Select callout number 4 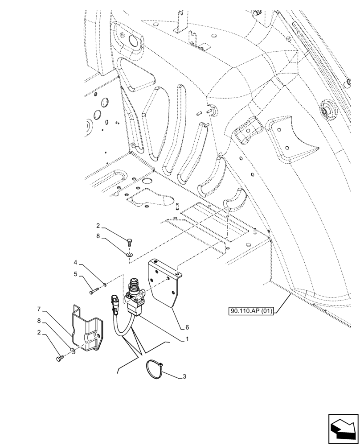(76, 263)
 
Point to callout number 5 (76, 274)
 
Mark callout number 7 (39, 309)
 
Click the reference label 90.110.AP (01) (252, 312)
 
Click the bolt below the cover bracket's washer (61, 358)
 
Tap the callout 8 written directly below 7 (39, 320)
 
